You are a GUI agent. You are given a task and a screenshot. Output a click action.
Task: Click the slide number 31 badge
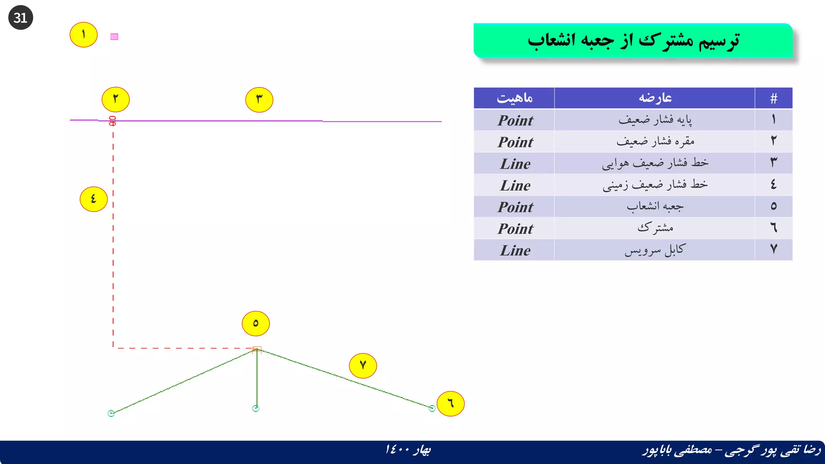click(21, 18)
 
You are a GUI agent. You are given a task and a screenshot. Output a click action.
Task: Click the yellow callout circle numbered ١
click(83, 35)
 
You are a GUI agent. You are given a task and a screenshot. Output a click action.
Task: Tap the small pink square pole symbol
click(114, 37)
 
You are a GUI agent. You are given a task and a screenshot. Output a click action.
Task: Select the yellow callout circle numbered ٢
click(116, 99)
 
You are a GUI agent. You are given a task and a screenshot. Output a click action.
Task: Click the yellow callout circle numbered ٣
click(259, 99)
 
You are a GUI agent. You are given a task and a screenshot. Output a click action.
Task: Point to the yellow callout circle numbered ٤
click(93, 199)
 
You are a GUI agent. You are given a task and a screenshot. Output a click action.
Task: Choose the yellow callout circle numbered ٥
click(255, 323)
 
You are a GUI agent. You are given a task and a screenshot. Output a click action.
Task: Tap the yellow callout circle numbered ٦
click(450, 404)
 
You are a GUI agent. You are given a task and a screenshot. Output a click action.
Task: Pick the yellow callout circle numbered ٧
click(363, 366)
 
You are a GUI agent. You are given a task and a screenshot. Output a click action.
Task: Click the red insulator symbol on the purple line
click(112, 121)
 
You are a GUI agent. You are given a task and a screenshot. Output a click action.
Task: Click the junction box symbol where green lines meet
click(257, 349)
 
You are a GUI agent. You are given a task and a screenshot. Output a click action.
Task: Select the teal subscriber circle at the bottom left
click(111, 413)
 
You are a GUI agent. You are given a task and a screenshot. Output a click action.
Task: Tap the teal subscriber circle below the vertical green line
click(255, 408)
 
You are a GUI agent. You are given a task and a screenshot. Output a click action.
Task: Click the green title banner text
click(633, 41)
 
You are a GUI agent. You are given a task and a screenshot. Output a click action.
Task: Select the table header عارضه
click(655, 98)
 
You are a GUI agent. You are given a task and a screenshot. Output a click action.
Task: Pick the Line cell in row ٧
click(515, 251)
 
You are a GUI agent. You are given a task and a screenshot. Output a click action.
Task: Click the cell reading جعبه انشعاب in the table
click(655, 207)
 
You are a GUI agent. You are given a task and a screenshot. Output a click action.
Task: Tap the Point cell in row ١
click(515, 120)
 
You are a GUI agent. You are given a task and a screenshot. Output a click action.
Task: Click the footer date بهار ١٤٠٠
click(408, 449)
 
